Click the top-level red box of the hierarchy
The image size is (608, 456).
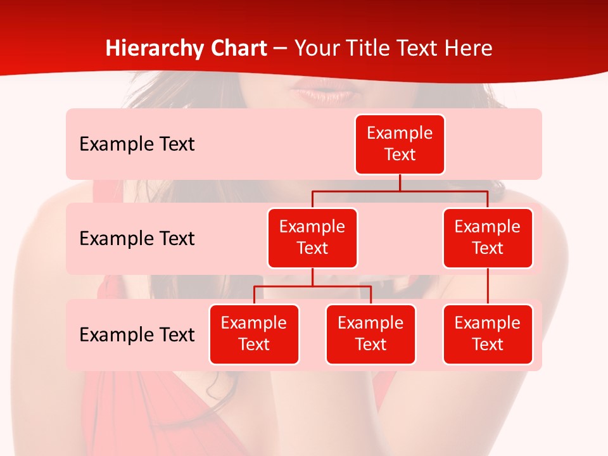(x=400, y=144)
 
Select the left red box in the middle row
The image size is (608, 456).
(x=312, y=237)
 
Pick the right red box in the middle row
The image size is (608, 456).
(x=488, y=237)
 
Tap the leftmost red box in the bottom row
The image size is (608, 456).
(x=254, y=334)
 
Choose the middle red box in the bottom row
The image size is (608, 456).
(x=370, y=334)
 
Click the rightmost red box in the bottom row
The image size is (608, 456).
(x=488, y=334)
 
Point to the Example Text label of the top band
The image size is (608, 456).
(x=137, y=144)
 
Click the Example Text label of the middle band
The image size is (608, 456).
(x=137, y=239)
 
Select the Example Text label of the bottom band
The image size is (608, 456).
(x=137, y=334)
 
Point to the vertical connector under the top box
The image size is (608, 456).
(x=400, y=182)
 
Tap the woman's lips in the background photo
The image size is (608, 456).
(x=324, y=94)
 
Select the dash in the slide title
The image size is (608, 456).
(x=280, y=49)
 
